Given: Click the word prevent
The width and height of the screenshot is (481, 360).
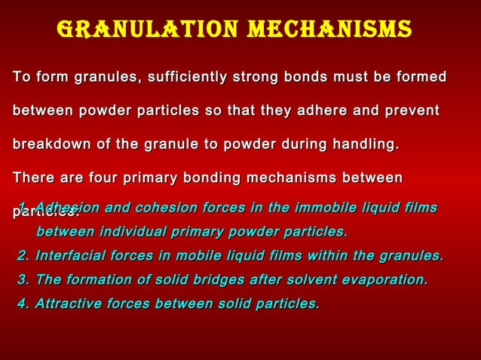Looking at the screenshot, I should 411,111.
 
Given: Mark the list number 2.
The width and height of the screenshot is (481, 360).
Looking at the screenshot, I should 23,256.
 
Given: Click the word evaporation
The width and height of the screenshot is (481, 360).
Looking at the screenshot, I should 384,280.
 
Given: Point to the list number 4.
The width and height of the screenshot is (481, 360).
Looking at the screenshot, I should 23,304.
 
